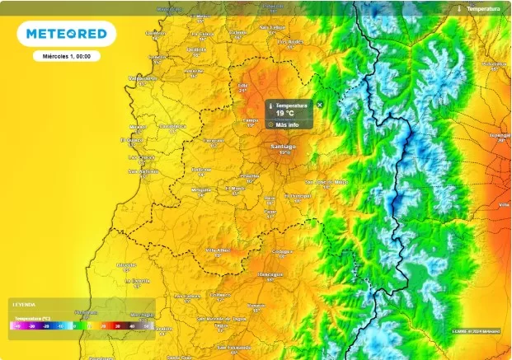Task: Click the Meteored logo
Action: (x=66, y=34)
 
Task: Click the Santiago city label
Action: (x=284, y=146)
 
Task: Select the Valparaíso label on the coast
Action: (x=143, y=77)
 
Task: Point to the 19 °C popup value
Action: (x=285, y=114)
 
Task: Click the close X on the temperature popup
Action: (x=320, y=105)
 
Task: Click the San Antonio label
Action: (x=143, y=171)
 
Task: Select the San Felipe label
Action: (x=273, y=26)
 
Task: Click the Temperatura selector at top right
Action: (x=482, y=8)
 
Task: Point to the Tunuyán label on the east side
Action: (x=500, y=134)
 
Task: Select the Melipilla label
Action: (x=202, y=189)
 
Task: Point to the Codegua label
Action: (x=283, y=250)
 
